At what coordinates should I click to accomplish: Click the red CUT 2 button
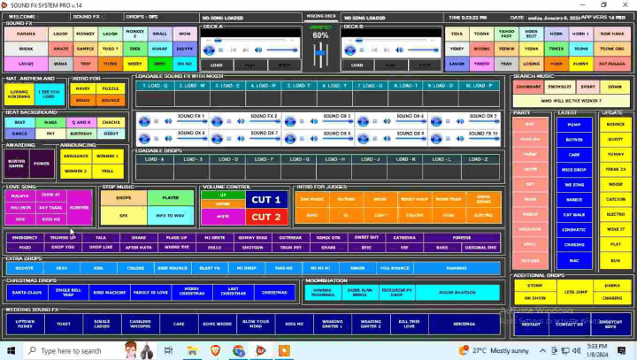click(x=266, y=216)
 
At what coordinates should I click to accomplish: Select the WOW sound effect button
click(x=184, y=33)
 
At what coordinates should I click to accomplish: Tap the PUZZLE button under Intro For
click(x=111, y=88)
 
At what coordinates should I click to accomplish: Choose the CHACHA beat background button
click(x=111, y=122)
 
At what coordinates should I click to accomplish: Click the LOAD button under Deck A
click(x=216, y=65)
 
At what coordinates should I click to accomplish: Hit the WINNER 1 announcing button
click(x=107, y=156)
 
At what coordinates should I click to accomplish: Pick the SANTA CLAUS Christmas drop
click(x=25, y=292)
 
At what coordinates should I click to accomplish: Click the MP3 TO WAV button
click(x=168, y=215)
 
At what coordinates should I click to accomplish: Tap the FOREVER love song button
click(x=79, y=207)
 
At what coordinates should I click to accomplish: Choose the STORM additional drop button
click(x=533, y=286)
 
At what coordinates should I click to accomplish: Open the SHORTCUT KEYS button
click(x=610, y=324)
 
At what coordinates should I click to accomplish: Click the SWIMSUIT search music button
click(x=558, y=88)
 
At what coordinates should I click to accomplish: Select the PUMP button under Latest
click(x=574, y=125)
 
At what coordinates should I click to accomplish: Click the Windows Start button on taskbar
click(x=7, y=350)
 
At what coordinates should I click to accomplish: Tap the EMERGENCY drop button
click(x=25, y=237)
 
